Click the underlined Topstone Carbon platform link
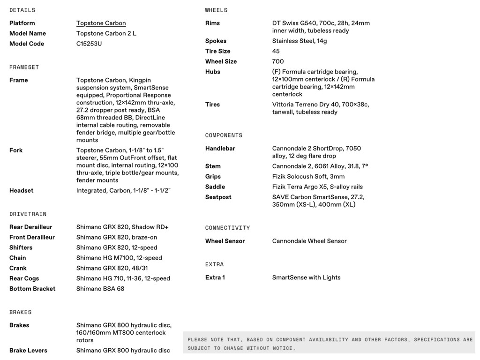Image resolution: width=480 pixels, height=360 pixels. (101, 23)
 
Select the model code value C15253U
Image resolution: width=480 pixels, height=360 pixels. (89, 44)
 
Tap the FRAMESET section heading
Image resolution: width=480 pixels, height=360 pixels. (24, 67)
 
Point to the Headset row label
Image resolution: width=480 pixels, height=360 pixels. (21, 190)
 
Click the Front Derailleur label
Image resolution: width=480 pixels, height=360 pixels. (32, 237)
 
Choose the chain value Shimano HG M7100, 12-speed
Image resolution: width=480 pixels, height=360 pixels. (119, 258)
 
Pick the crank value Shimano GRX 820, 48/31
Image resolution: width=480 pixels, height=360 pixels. (112, 268)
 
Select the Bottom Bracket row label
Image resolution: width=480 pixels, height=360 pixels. (32, 289)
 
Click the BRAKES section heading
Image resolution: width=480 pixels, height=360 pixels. (21, 312)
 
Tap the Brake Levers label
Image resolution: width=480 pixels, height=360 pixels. (28, 350)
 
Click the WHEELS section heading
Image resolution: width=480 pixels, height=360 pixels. (216, 10)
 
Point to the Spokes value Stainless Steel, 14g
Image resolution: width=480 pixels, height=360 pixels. (300, 41)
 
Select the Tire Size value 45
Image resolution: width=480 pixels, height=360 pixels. (276, 51)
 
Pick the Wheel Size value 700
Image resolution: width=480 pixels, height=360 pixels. (278, 61)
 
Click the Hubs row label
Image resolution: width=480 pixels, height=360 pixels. (212, 72)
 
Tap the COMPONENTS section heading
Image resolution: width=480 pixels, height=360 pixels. (224, 135)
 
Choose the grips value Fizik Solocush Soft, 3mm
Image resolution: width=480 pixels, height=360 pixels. (308, 177)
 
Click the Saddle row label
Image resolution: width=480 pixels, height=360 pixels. (215, 187)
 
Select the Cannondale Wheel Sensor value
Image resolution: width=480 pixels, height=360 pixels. (309, 241)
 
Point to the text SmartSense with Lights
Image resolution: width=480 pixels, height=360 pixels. (306, 277)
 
